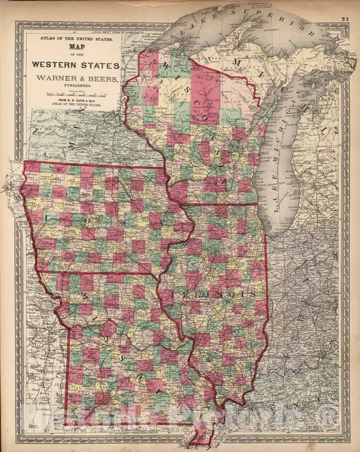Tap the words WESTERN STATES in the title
(74, 66)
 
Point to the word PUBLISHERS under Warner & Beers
(74, 86)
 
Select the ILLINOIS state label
(232, 295)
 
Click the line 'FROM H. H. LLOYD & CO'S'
(74, 106)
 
